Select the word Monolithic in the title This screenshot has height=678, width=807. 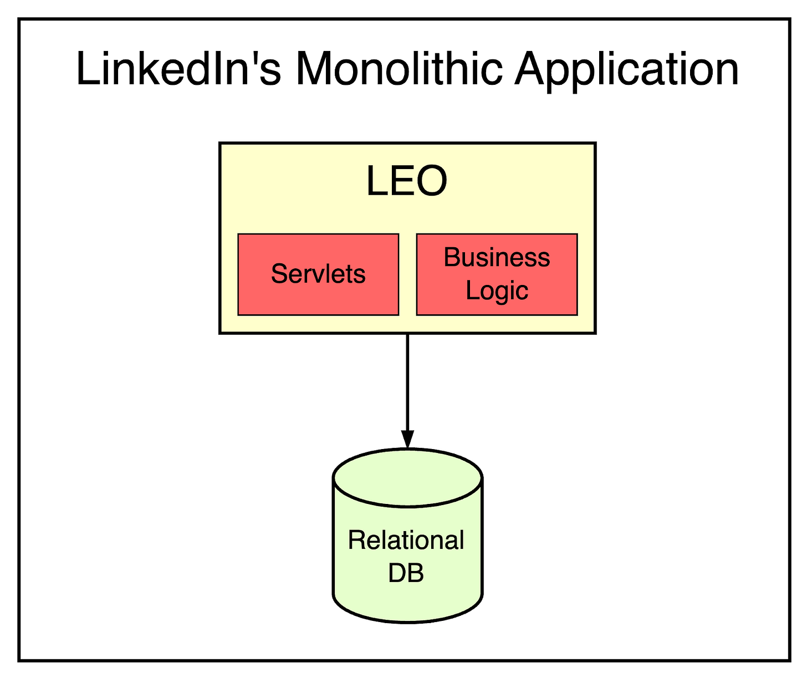(x=399, y=69)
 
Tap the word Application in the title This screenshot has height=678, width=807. (x=626, y=70)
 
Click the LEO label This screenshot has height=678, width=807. (x=406, y=181)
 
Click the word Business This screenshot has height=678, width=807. (x=497, y=257)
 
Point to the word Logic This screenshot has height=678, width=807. (x=497, y=290)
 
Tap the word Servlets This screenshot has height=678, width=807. (x=318, y=274)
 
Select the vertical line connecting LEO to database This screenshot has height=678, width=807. (x=407, y=383)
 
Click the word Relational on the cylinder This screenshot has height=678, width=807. (x=406, y=540)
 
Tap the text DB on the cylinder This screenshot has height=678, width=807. (x=406, y=573)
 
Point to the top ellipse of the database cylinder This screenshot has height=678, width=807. (x=407, y=477)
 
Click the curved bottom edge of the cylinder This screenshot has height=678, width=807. (x=407, y=621)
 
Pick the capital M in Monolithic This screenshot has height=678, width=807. (x=315, y=69)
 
